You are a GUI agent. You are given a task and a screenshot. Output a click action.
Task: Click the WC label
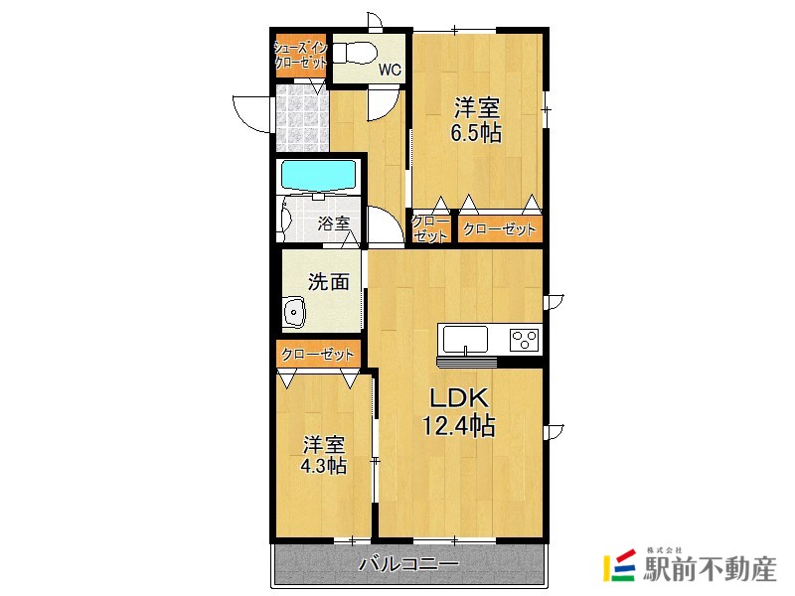click(x=390, y=71)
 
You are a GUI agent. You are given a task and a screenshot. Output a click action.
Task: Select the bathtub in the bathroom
click(x=319, y=176)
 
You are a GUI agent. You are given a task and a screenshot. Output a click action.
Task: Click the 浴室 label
click(x=333, y=223)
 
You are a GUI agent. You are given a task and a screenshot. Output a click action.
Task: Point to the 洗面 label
click(x=328, y=281)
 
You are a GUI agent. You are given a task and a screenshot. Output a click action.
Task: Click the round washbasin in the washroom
click(x=294, y=314)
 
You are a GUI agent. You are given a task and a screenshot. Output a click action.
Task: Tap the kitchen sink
click(x=464, y=339)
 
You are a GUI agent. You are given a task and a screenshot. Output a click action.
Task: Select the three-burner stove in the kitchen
click(x=524, y=340)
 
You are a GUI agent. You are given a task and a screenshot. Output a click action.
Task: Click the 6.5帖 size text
click(x=477, y=133)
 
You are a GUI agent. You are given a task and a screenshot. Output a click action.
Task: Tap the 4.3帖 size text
click(x=324, y=465)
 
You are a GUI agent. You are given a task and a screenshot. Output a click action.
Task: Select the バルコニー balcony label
click(x=408, y=564)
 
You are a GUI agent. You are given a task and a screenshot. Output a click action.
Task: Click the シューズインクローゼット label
click(x=300, y=56)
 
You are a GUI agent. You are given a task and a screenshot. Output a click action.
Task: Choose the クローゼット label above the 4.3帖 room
click(x=318, y=354)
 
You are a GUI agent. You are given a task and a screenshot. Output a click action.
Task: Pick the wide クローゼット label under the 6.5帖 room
click(x=499, y=229)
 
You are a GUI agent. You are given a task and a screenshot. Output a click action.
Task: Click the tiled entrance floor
click(x=300, y=118)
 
